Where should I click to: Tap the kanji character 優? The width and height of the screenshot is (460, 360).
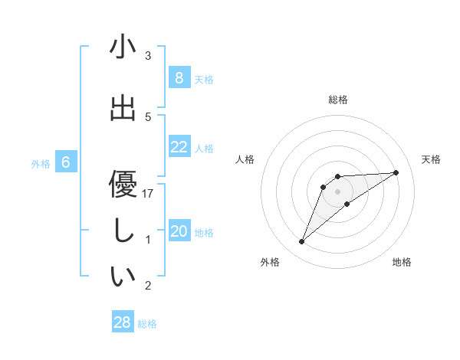(x=123, y=185)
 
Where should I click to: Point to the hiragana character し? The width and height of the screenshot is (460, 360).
(x=123, y=231)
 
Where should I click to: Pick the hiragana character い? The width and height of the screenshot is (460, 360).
(x=123, y=277)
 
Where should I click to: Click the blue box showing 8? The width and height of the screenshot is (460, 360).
(x=179, y=78)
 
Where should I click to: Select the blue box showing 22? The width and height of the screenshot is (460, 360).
(x=179, y=147)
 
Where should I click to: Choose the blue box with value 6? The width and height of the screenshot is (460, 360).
(x=66, y=162)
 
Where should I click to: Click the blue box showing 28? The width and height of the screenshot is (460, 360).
(x=123, y=322)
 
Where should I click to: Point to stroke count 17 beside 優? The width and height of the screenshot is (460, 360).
(x=148, y=194)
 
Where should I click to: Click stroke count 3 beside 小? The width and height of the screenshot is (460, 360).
(x=148, y=56)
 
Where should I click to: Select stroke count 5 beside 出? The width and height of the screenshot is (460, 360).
(x=148, y=116)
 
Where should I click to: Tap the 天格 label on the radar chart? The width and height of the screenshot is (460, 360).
(x=431, y=159)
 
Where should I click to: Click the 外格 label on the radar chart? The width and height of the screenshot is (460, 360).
(x=270, y=262)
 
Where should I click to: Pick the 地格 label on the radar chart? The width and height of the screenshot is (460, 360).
(x=402, y=262)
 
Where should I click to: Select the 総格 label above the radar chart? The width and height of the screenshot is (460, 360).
(x=337, y=100)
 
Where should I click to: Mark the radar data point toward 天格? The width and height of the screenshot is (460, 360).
(x=396, y=172)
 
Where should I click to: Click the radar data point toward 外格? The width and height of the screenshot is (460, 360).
(x=301, y=242)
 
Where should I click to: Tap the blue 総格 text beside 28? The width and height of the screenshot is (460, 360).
(x=147, y=324)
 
